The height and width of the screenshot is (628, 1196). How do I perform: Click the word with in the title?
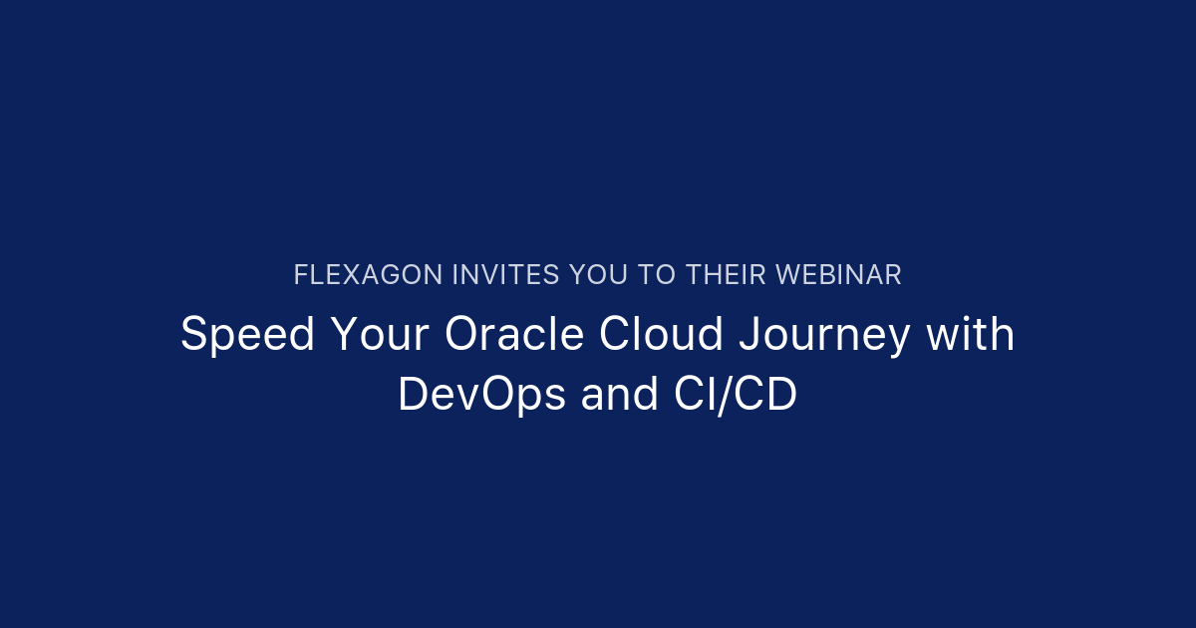[971, 336]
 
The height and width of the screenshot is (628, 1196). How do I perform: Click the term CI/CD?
[729, 396]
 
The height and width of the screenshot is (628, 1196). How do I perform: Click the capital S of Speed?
[192, 336]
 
